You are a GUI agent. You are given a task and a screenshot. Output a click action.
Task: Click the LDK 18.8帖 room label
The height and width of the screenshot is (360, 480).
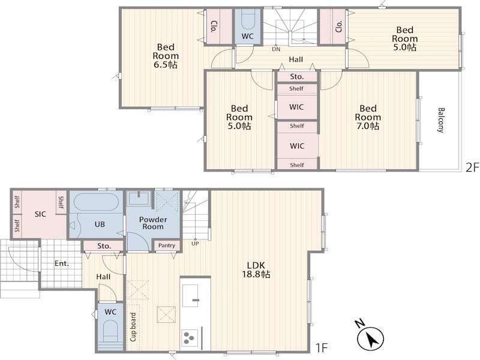256,269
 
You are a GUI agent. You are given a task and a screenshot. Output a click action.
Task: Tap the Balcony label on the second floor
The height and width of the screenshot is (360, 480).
441,120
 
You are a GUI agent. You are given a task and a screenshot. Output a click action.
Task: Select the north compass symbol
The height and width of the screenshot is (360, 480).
369,336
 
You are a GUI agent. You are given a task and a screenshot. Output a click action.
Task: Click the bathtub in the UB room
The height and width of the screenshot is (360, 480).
96,202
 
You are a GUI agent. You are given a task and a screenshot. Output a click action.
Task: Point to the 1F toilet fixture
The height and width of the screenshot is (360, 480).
110,332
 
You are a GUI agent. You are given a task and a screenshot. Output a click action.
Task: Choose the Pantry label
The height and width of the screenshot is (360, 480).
167,245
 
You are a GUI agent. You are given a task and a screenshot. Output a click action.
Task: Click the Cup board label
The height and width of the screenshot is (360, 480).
133,327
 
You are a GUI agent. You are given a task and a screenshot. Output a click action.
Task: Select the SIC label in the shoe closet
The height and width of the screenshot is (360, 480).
40,214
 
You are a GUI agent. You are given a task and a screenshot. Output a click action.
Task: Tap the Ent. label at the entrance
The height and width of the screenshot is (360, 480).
62,263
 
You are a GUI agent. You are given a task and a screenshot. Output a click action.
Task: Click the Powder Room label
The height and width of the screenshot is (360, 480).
153,223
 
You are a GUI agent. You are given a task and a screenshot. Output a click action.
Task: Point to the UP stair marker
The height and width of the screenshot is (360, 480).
195,244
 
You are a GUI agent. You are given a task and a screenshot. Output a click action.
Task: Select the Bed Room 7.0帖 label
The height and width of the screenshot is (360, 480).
368,117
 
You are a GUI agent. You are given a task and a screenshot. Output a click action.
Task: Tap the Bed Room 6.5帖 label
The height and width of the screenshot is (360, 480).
166,56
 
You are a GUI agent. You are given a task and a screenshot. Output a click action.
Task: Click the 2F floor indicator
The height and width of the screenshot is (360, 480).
472,167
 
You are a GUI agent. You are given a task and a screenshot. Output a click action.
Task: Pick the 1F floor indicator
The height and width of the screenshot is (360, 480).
322,348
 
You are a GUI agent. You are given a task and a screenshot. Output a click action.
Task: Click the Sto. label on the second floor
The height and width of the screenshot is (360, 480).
296,77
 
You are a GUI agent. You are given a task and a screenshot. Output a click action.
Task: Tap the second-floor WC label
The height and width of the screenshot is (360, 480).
247,36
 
